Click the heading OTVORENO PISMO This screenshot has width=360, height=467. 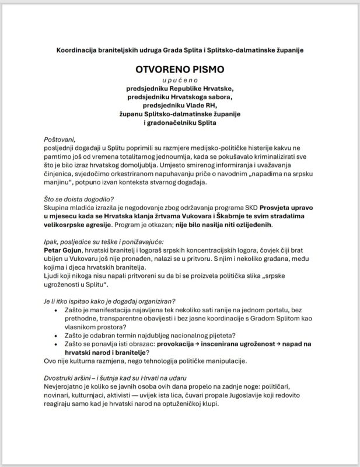click(180, 69)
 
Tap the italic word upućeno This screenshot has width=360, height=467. click(180, 79)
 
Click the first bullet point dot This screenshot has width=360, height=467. click(55, 309)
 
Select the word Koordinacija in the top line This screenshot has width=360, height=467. click(76, 50)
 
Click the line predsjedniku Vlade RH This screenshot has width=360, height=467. click(180, 105)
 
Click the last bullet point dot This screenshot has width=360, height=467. click(55, 344)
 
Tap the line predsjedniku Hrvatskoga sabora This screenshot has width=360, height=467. click(180, 96)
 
